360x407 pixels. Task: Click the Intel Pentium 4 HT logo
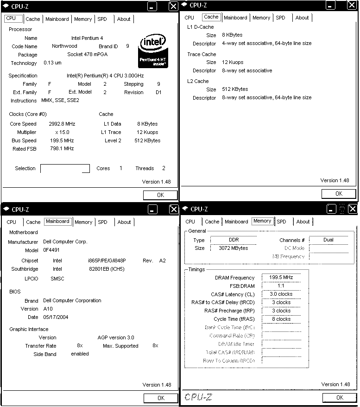[x=154, y=51]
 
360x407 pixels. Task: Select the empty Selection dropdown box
[x=65, y=168]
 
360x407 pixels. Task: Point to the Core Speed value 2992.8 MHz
[x=62, y=124]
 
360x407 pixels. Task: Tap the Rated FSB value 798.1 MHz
[x=62, y=149]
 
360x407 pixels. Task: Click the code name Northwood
[x=64, y=46]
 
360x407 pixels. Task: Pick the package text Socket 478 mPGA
[x=88, y=55]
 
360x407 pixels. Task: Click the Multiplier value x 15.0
[x=62, y=132]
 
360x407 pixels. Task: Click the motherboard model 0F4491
[x=51, y=250]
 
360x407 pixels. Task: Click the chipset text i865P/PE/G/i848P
[x=107, y=261]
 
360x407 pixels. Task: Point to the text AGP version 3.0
[x=116, y=337]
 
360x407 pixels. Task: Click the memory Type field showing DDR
[x=234, y=240]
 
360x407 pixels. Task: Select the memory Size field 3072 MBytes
[x=234, y=248]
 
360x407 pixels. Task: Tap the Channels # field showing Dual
[x=328, y=240]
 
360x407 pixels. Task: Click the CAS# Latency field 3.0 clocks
[x=281, y=294]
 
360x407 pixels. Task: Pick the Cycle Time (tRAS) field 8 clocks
[x=281, y=319]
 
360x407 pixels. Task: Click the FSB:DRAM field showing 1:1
[x=281, y=286]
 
